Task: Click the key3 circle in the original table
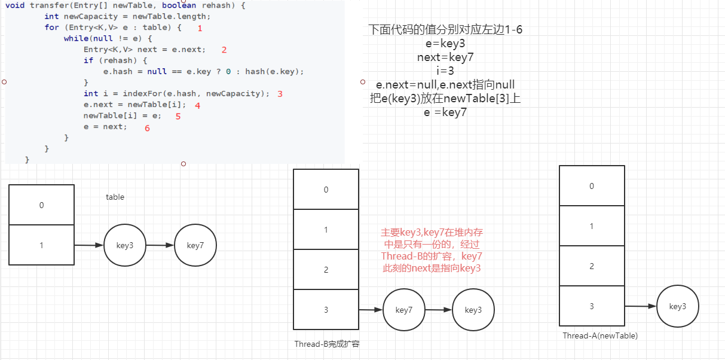click(126, 246)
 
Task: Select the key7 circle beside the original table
click(195, 246)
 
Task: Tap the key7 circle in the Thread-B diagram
click(404, 310)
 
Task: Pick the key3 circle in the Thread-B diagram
click(473, 310)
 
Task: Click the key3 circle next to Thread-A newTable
click(677, 307)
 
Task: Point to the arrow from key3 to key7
click(160, 245)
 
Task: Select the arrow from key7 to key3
click(439, 310)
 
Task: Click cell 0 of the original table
click(42, 205)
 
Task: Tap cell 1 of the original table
click(42, 245)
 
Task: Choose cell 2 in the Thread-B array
click(326, 270)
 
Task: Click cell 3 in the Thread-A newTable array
click(592, 306)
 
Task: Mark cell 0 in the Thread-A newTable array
click(592, 186)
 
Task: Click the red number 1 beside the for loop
click(200, 28)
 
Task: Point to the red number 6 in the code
click(147, 128)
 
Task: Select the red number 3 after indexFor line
click(280, 94)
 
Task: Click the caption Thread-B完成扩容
click(326, 344)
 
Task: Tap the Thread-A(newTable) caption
click(600, 336)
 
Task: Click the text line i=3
click(445, 71)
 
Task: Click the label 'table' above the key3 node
click(115, 197)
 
